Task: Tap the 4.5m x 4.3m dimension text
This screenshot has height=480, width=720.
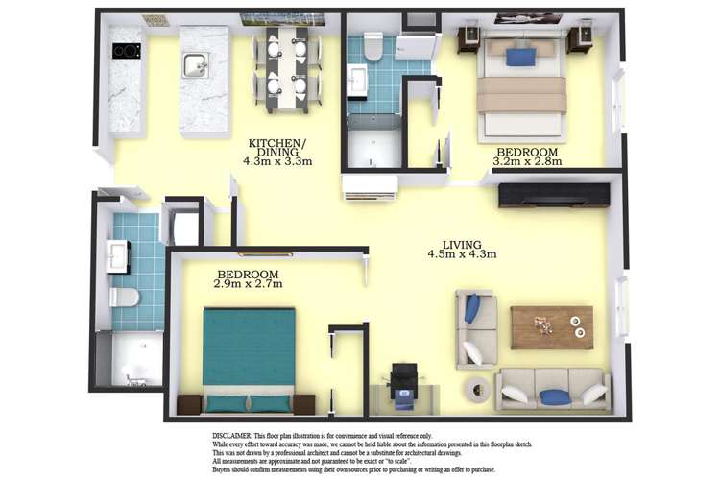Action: point(462,254)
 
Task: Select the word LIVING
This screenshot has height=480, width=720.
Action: point(462,244)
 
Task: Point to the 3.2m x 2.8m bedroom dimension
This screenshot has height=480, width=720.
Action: point(527,161)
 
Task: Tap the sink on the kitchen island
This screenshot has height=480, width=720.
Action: point(197,64)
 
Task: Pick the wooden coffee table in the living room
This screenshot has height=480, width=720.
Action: point(551,326)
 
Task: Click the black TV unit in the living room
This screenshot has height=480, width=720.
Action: point(554,195)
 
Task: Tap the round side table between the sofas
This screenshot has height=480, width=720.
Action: point(477,390)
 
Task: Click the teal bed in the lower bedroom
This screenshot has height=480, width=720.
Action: point(249,350)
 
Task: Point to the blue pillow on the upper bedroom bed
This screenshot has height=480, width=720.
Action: point(520,57)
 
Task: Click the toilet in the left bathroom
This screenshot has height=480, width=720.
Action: point(124,298)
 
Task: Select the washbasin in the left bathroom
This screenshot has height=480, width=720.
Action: point(117,256)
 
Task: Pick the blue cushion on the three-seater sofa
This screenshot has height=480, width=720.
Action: point(554,396)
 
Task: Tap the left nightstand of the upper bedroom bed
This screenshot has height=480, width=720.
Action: point(468,38)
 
